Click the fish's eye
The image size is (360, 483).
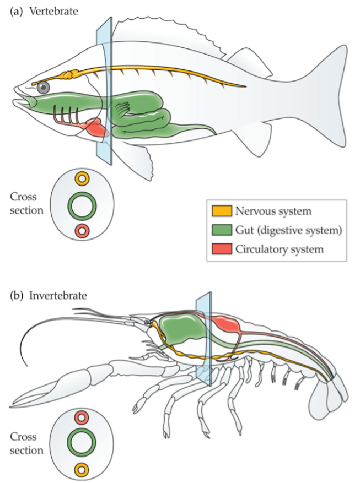point(43,87)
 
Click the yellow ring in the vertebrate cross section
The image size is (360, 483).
point(82,179)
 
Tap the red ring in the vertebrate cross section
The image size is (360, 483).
point(82,231)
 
